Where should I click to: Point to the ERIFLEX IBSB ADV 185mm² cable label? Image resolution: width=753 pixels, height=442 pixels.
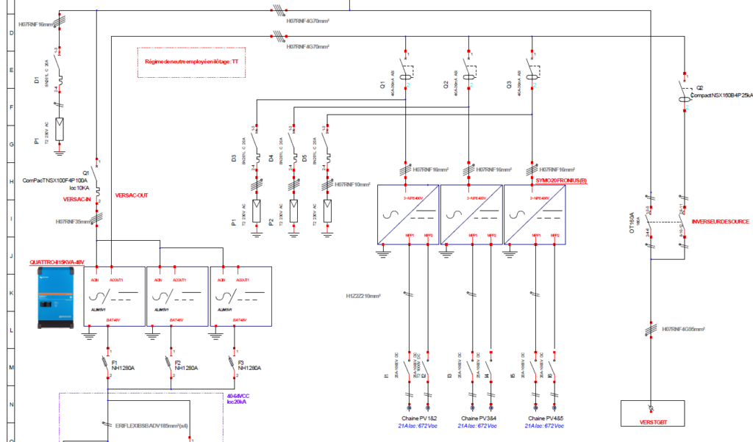pyautogui.click(x=152, y=425)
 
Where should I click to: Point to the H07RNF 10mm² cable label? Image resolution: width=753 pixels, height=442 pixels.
pyautogui.click(x=352, y=185)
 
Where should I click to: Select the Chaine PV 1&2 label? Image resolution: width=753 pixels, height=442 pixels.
pyautogui.click(x=415, y=417)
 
